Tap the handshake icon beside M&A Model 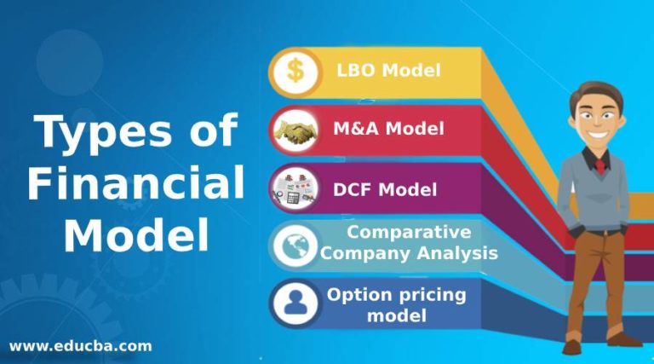point(295,130)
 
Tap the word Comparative point(410,231)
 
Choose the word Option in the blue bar point(356,295)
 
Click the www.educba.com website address point(81,345)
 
